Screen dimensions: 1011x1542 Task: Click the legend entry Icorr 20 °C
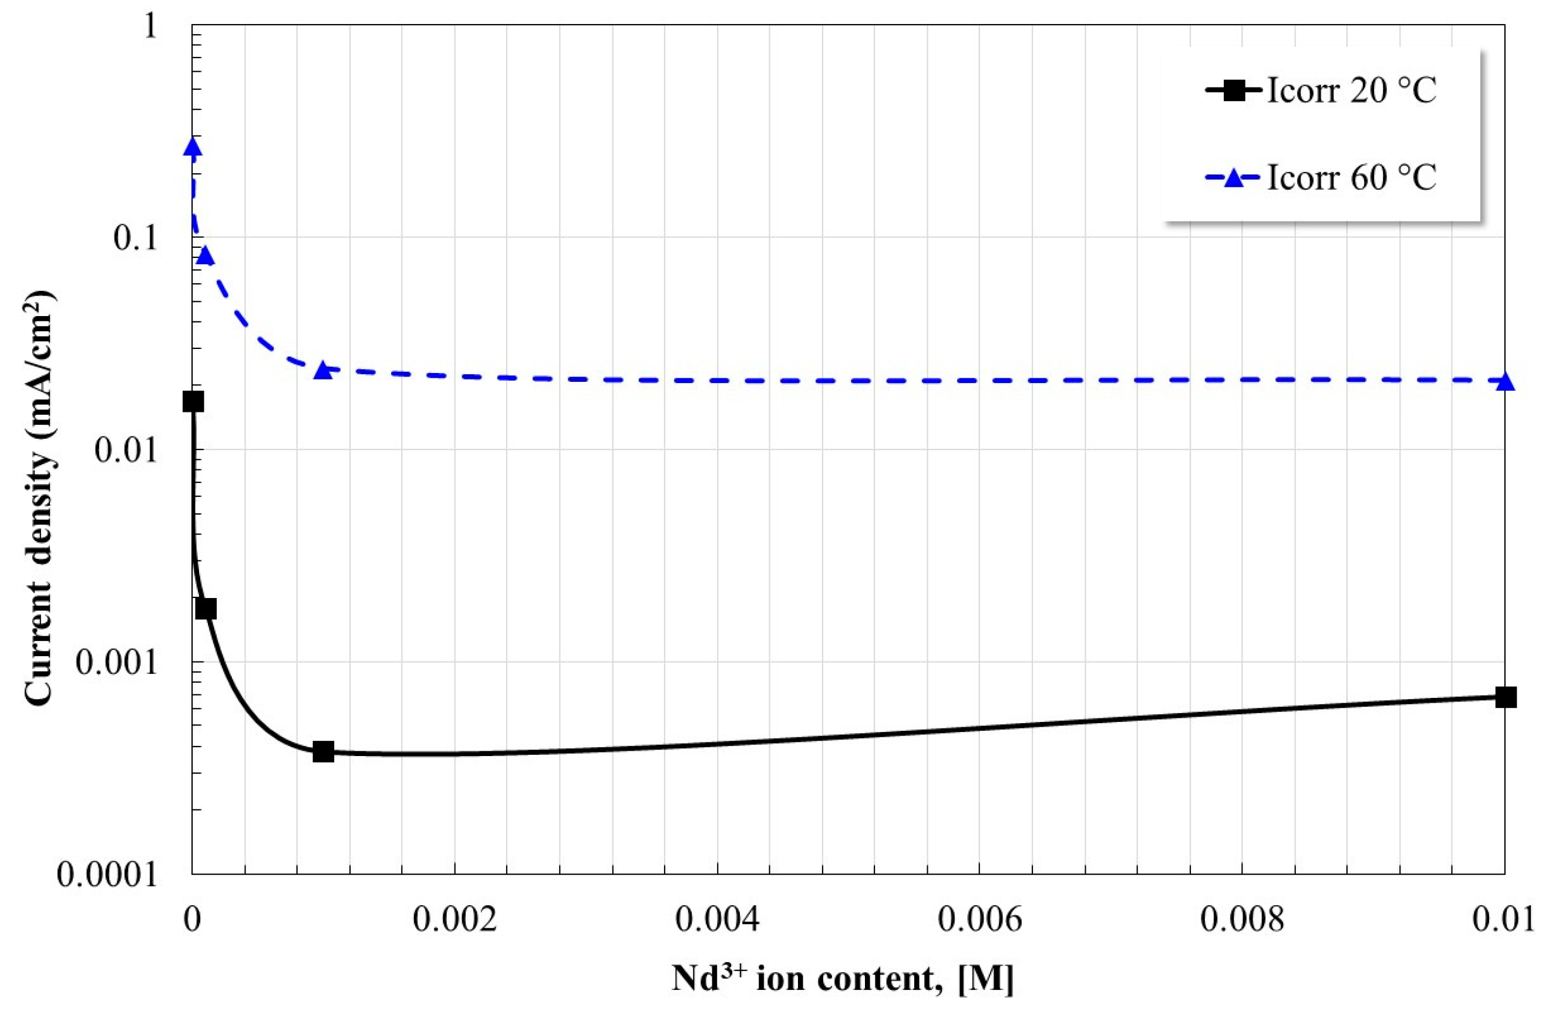(x=1351, y=90)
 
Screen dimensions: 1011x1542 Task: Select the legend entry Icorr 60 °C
(x=1351, y=177)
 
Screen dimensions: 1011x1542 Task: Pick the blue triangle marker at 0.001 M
(x=322, y=370)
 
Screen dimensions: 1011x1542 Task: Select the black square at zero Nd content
(x=193, y=402)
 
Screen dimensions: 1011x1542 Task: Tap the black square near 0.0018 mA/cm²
(x=206, y=609)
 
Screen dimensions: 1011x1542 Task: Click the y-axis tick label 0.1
(x=136, y=239)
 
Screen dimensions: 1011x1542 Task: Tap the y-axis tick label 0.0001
(x=107, y=874)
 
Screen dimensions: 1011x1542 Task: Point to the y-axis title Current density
(x=40, y=499)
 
